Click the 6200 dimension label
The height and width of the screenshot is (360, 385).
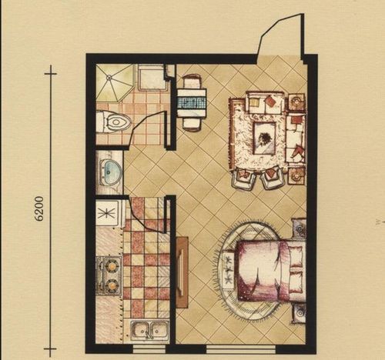pos(39,208)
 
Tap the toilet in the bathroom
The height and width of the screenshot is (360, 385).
pos(113,122)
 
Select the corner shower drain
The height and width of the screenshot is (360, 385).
pos(109,76)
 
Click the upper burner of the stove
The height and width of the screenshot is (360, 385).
pos(112,265)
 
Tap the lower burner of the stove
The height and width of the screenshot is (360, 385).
pos(112,285)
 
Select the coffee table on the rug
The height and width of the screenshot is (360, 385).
pos(264,138)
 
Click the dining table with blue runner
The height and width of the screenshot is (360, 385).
pos(192,102)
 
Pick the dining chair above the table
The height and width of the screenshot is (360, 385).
pos(192,81)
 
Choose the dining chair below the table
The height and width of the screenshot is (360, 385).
pos(192,125)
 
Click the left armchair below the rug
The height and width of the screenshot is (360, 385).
pos(244,178)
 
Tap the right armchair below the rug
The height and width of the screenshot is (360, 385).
pos(273,178)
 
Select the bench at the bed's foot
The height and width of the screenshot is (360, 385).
pos(228,270)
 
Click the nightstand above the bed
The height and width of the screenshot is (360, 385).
pos(300,228)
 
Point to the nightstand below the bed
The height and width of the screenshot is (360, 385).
pos(300,313)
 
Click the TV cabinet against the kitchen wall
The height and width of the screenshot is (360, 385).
pos(182,272)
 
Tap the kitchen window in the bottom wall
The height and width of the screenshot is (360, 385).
pos(149,349)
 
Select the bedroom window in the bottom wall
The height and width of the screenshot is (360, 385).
pos(241,349)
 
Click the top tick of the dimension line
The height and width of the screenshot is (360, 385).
pos(51,74)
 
